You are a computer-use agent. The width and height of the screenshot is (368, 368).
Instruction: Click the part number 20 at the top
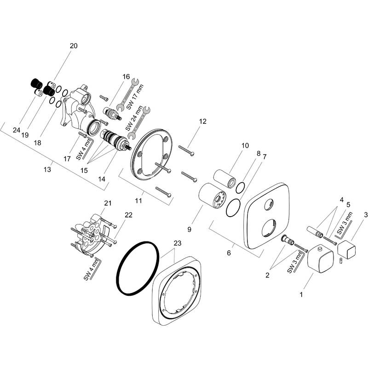coord(74,46)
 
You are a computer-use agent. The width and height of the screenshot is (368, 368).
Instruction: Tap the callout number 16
coord(126,77)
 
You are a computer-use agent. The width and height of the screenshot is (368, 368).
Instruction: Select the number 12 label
coord(203,121)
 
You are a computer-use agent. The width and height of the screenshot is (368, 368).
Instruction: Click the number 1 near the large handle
coord(301,293)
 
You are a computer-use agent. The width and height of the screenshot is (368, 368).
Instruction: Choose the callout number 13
coord(47,169)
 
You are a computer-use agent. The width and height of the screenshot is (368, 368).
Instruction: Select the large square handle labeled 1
coord(319,259)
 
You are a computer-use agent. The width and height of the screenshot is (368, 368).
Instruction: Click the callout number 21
coord(108,203)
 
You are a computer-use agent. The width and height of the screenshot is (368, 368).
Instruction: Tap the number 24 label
coord(17,130)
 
